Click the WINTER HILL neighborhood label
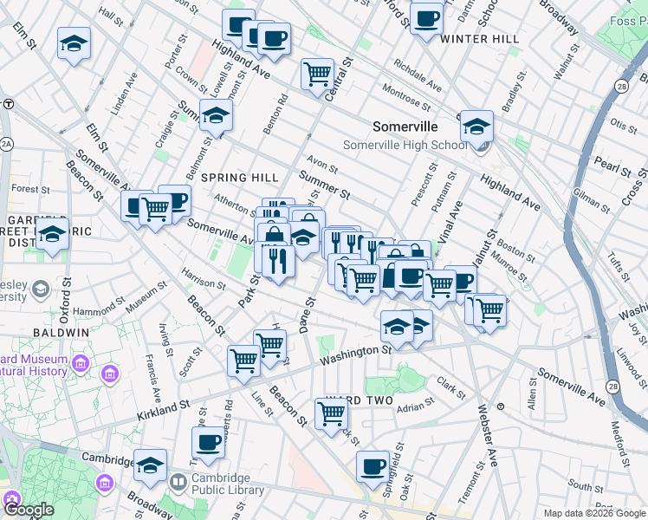pyautogui.click(x=479, y=39)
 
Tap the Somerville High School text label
pyautogui.click(x=405, y=146)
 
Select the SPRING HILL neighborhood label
pyautogui.click(x=240, y=178)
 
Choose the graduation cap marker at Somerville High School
pyautogui.click(x=476, y=126)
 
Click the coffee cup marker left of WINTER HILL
pyautogui.click(x=425, y=18)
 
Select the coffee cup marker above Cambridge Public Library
pyautogui.click(x=208, y=443)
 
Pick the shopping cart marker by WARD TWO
pyautogui.click(x=331, y=413)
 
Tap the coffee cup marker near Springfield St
pyautogui.click(x=373, y=466)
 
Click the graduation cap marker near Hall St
pyautogui.click(x=75, y=43)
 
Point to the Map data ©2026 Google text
pyautogui.click(x=594, y=513)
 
